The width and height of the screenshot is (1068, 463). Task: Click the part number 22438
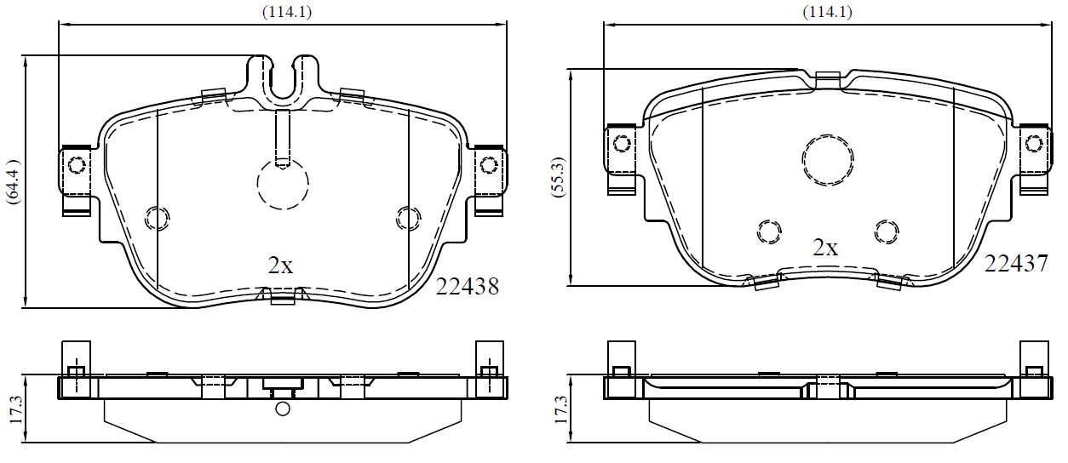tap(468, 286)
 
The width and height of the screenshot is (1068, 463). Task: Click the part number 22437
tap(1016, 263)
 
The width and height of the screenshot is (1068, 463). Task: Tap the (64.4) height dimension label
tap(13, 182)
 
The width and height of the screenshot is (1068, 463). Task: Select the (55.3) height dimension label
tap(559, 178)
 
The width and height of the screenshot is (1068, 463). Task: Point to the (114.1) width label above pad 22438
tap(287, 11)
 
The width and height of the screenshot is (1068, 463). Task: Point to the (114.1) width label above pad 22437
tap(827, 11)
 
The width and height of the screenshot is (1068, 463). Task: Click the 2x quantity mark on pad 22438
tap(280, 266)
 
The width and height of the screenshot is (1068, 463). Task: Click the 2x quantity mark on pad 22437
tap(825, 248)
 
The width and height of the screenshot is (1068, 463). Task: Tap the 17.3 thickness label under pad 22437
tap(560, 409)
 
